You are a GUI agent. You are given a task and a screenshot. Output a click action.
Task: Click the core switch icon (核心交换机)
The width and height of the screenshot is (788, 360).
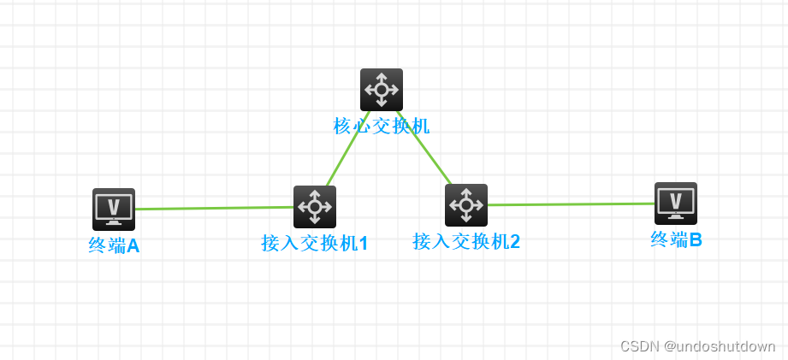pos(381,89)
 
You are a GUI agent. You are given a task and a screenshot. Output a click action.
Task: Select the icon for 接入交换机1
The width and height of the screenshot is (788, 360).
pos(314,207)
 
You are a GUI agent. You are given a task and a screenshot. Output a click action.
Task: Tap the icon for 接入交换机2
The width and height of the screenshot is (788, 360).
pos(465,205)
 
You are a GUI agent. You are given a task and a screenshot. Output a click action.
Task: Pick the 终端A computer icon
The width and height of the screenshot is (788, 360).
pos(114,209)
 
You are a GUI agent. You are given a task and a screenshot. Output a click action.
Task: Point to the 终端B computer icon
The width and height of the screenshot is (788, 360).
pos(675,204)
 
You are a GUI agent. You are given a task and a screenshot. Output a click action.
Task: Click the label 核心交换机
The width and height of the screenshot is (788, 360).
pos(381,127)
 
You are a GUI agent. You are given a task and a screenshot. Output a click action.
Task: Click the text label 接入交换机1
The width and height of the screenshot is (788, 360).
pos(314,244)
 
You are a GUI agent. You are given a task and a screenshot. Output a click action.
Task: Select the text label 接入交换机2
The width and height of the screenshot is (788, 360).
pos(465,242)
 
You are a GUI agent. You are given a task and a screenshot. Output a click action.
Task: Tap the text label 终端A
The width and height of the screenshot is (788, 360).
pos(114,246)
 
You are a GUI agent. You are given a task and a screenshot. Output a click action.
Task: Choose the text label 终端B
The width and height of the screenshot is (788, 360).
pos(676,240)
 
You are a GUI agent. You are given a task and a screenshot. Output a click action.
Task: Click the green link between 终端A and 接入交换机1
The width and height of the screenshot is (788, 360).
pos(214,208)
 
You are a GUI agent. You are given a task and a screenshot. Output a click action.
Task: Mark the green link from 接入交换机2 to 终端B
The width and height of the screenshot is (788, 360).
pos(571,204)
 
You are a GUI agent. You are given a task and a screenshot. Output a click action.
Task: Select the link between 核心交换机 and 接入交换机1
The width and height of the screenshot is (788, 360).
pos(348,148)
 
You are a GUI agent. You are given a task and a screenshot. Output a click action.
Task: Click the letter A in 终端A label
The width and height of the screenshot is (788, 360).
pos(133,246)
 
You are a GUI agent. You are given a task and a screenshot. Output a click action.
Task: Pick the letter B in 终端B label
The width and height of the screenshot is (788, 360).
pos(695,240)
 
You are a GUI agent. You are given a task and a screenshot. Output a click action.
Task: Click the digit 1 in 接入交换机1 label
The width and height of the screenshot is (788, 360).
pos(363,244)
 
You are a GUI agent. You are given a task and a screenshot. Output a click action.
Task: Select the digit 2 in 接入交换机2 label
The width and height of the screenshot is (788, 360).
pos(514,242)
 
